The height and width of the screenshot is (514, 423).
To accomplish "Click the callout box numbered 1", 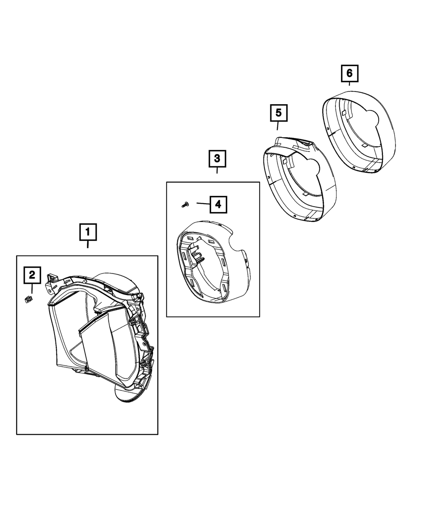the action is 88,232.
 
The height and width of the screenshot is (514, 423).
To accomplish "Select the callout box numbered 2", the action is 32,275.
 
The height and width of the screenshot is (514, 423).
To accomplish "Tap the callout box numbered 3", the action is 217,159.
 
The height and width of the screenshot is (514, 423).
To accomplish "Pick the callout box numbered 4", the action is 218,204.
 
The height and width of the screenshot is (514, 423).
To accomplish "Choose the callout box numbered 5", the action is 279,113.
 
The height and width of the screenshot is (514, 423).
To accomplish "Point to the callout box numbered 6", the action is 349,73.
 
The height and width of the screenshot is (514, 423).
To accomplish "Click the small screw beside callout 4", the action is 185,204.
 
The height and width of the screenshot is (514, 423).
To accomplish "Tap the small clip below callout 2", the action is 29,299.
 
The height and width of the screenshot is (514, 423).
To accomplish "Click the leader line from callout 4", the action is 203,204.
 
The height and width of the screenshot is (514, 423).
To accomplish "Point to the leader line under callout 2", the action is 32,288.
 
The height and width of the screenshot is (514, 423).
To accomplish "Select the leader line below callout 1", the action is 88,244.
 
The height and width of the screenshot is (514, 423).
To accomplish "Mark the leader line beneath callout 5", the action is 278,126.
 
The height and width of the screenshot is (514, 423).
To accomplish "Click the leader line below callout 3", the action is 217,170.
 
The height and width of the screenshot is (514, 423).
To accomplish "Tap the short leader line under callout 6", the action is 349,84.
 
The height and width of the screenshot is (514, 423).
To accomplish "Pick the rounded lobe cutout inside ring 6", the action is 373,118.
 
